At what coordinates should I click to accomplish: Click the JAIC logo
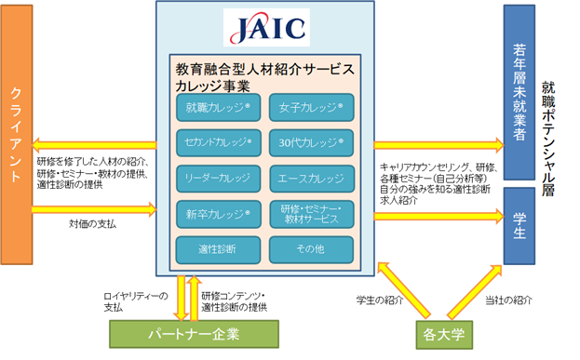[x=266, y=27]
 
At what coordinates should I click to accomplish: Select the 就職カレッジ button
[x=218, y=108]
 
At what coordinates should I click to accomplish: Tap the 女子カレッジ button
[x=312, y=108]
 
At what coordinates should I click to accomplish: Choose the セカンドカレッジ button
[x=218, y=142]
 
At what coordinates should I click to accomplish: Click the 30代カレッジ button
[x=312, y=142]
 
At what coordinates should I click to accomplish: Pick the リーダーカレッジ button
[x=218, y=179]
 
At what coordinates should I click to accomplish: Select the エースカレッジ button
[x=312, y=179]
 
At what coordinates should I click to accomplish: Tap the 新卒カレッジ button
[x=218, y=214]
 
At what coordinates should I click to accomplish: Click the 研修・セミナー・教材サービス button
[x=312, y=214]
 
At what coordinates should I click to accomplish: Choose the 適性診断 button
[x=218, y=250]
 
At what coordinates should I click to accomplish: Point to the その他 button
[x=312, y=250]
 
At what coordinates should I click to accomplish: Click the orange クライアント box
[x=17, y=135]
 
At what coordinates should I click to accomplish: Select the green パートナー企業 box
[x=194, y=334]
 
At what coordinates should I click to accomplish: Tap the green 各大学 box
[x=444, y=335]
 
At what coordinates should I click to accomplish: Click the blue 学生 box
[x=519, y=226]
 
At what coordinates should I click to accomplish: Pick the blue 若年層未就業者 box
[x=519, y=92]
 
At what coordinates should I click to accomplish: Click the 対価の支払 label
[x=92, y=224]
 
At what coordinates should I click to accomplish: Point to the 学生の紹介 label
[x=380, y=300]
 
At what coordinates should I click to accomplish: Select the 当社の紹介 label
[x=508, y=300]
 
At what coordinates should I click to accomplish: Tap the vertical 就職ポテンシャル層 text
[x=548, y=139]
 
